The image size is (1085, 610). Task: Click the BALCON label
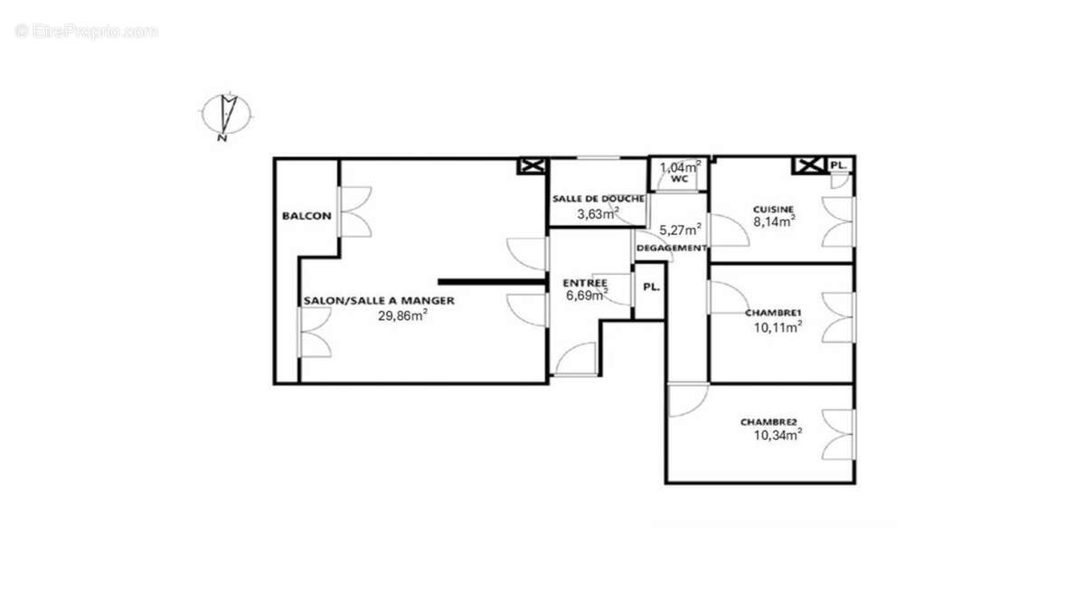[x=307, y=216]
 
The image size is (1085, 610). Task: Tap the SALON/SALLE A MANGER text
[x=379, y=301]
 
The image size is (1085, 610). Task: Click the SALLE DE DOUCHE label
[x=599, y=199]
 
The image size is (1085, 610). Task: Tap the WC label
[x=680, y=179]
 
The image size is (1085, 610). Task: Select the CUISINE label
[x=774, y=209]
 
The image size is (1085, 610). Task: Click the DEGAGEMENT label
[x=672, y=248]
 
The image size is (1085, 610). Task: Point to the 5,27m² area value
[x=680, y=230]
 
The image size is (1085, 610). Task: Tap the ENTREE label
[x=584, y=282]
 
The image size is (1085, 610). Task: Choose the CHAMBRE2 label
[x=769, y=421]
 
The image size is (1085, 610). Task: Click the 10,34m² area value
[x=778, y=435]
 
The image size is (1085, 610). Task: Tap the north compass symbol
[x=225, y=115]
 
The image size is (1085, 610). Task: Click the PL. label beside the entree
[x=650, y=287]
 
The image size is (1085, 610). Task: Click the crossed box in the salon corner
[x=531, y=165]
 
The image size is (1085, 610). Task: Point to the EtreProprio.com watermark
[x=87, y=31]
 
